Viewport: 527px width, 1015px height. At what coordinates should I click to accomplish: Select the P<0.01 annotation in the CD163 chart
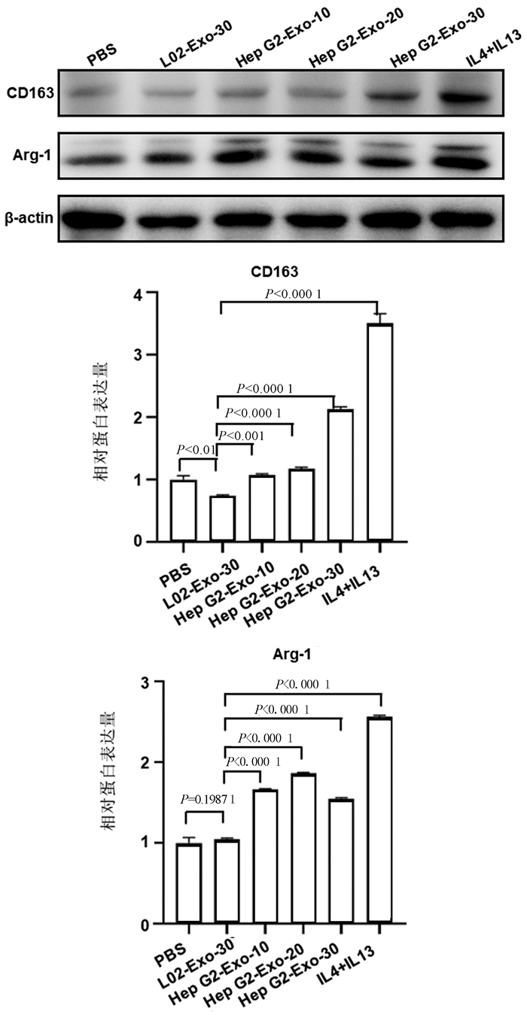point(194,449)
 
